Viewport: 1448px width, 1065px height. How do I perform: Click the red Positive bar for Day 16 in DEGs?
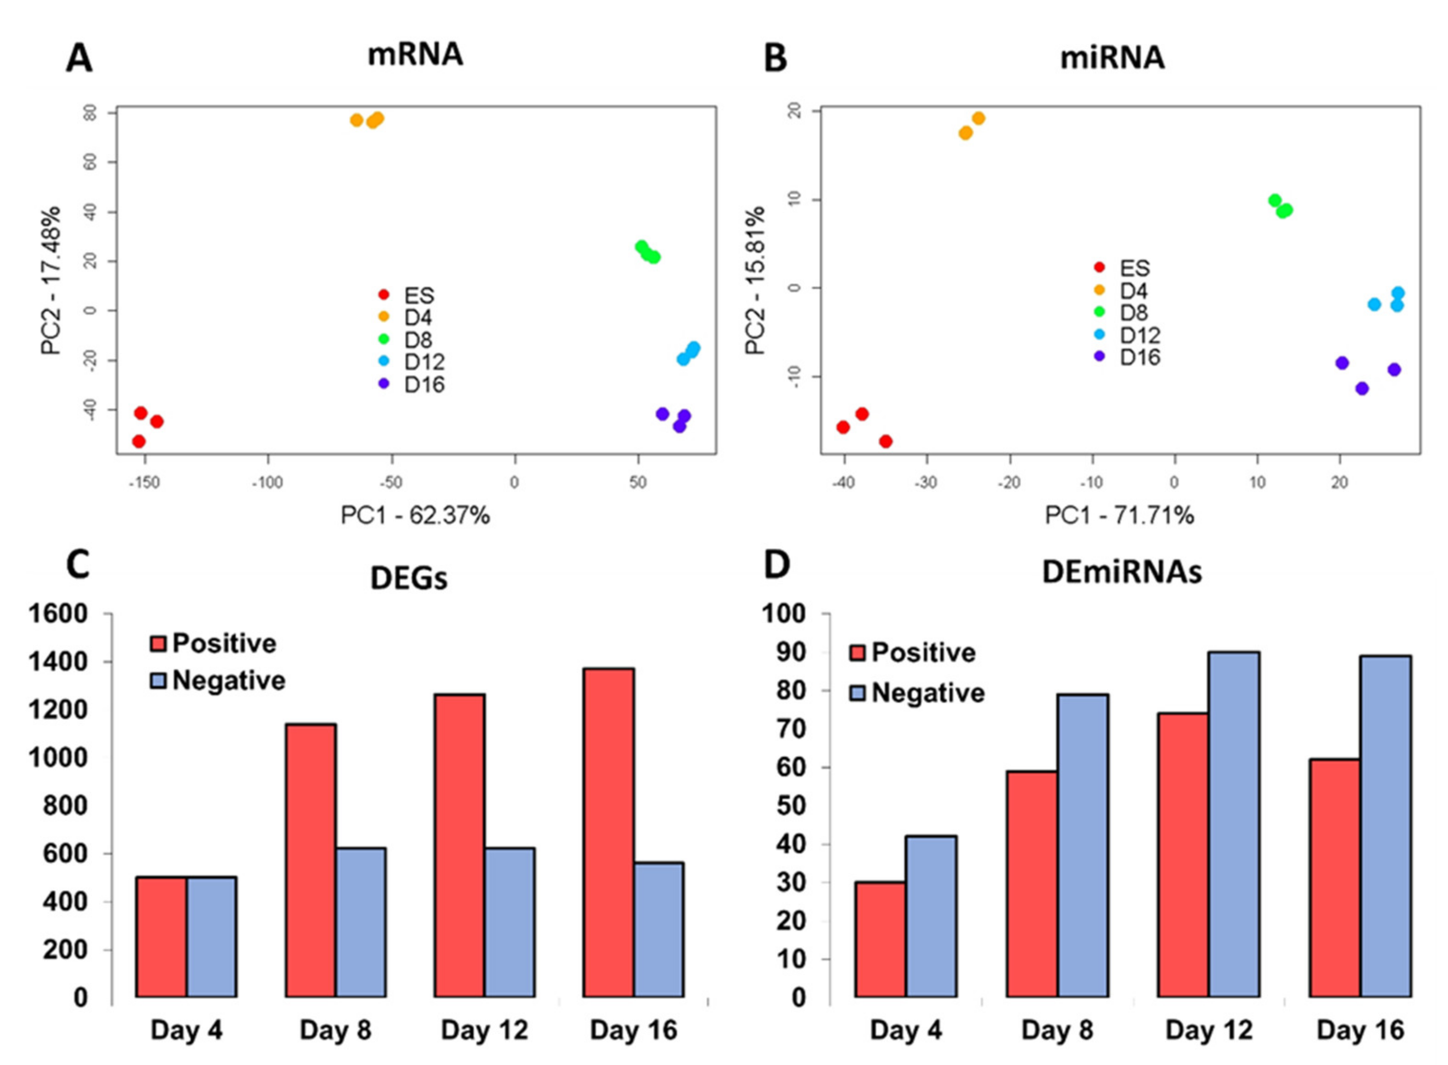click(x=608, y=832)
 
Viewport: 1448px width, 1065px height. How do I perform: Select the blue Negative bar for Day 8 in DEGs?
click(x=361, y=922)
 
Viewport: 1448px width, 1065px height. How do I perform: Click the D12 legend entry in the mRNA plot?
click(x=424, y=362)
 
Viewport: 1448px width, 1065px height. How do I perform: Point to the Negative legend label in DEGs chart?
click(x=228, y=681)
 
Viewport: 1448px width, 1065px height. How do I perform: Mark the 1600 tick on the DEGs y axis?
click(x=58, y=614)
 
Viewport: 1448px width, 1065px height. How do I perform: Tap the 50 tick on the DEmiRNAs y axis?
click(x=792, y=806)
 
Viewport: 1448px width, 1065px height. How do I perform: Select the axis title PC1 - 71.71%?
click(x=1119, y=516)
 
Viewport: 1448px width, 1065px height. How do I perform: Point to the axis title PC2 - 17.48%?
click(x=51, y=280)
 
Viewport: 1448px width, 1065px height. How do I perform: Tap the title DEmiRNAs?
click(x=1122, y=572)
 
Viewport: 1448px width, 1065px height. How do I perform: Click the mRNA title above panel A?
click(x=415, y=55)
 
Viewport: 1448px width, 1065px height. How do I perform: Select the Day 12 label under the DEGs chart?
click(x=484, y=1030)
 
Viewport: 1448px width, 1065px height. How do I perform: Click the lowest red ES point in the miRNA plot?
click(x=886, y=442)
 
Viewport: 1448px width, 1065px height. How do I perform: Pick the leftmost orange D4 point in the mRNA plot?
click(x=356, y=120)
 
